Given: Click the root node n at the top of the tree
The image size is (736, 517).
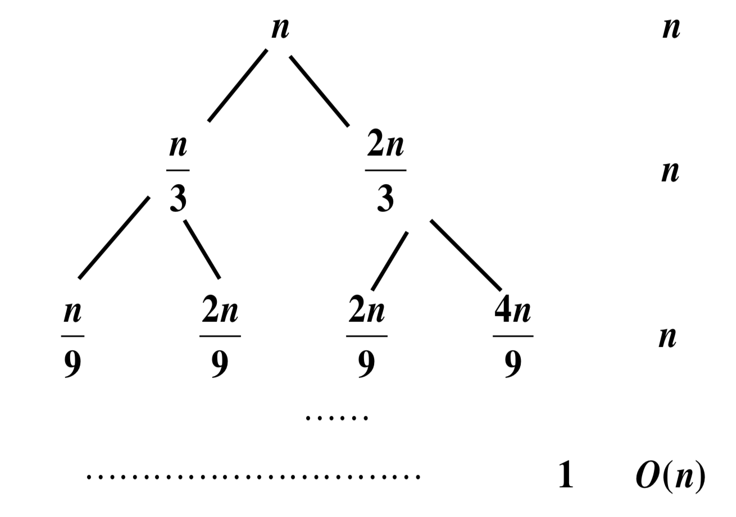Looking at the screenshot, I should tap(280, 28).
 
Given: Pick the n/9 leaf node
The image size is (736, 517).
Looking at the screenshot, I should tap(72, 338).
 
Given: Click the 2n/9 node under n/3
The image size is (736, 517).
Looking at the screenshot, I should tap(220, 338).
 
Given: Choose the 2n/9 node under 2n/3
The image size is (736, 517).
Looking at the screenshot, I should tap(366, 338).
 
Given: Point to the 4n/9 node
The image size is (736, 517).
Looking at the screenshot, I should tap(513, 338).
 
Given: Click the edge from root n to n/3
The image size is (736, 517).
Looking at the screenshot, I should tap(237, 85).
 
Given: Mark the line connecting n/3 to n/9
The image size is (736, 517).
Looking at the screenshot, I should tap(114, 237).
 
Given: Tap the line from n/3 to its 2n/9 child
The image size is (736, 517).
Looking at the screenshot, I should tap(202, 249).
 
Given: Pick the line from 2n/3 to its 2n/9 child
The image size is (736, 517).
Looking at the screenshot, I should tap(390, 260).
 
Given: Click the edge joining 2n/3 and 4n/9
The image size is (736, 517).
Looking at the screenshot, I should tap(466, 255).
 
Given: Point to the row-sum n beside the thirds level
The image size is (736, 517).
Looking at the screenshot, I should tap(670, 172).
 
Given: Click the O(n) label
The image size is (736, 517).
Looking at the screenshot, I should tap(670, 476).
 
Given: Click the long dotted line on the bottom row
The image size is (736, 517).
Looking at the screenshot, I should tap(253, 477).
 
